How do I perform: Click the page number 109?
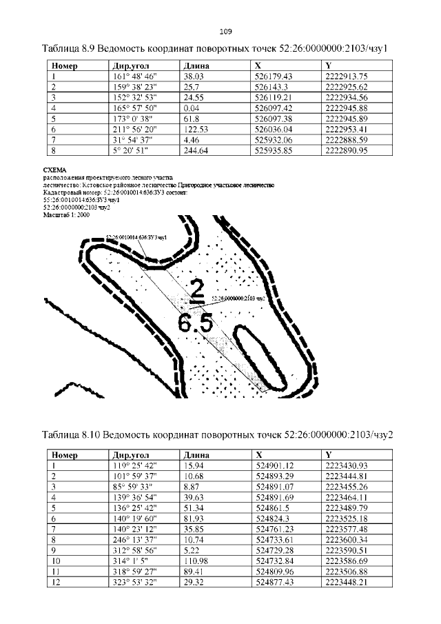(225, 31)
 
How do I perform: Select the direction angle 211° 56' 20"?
(135, 129)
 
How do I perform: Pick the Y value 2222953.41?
(348, 129)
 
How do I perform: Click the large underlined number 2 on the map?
(198, 292)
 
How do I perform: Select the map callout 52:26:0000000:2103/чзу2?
(238, 299)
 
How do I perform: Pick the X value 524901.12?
(274, 466)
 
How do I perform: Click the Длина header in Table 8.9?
(196, 66)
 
